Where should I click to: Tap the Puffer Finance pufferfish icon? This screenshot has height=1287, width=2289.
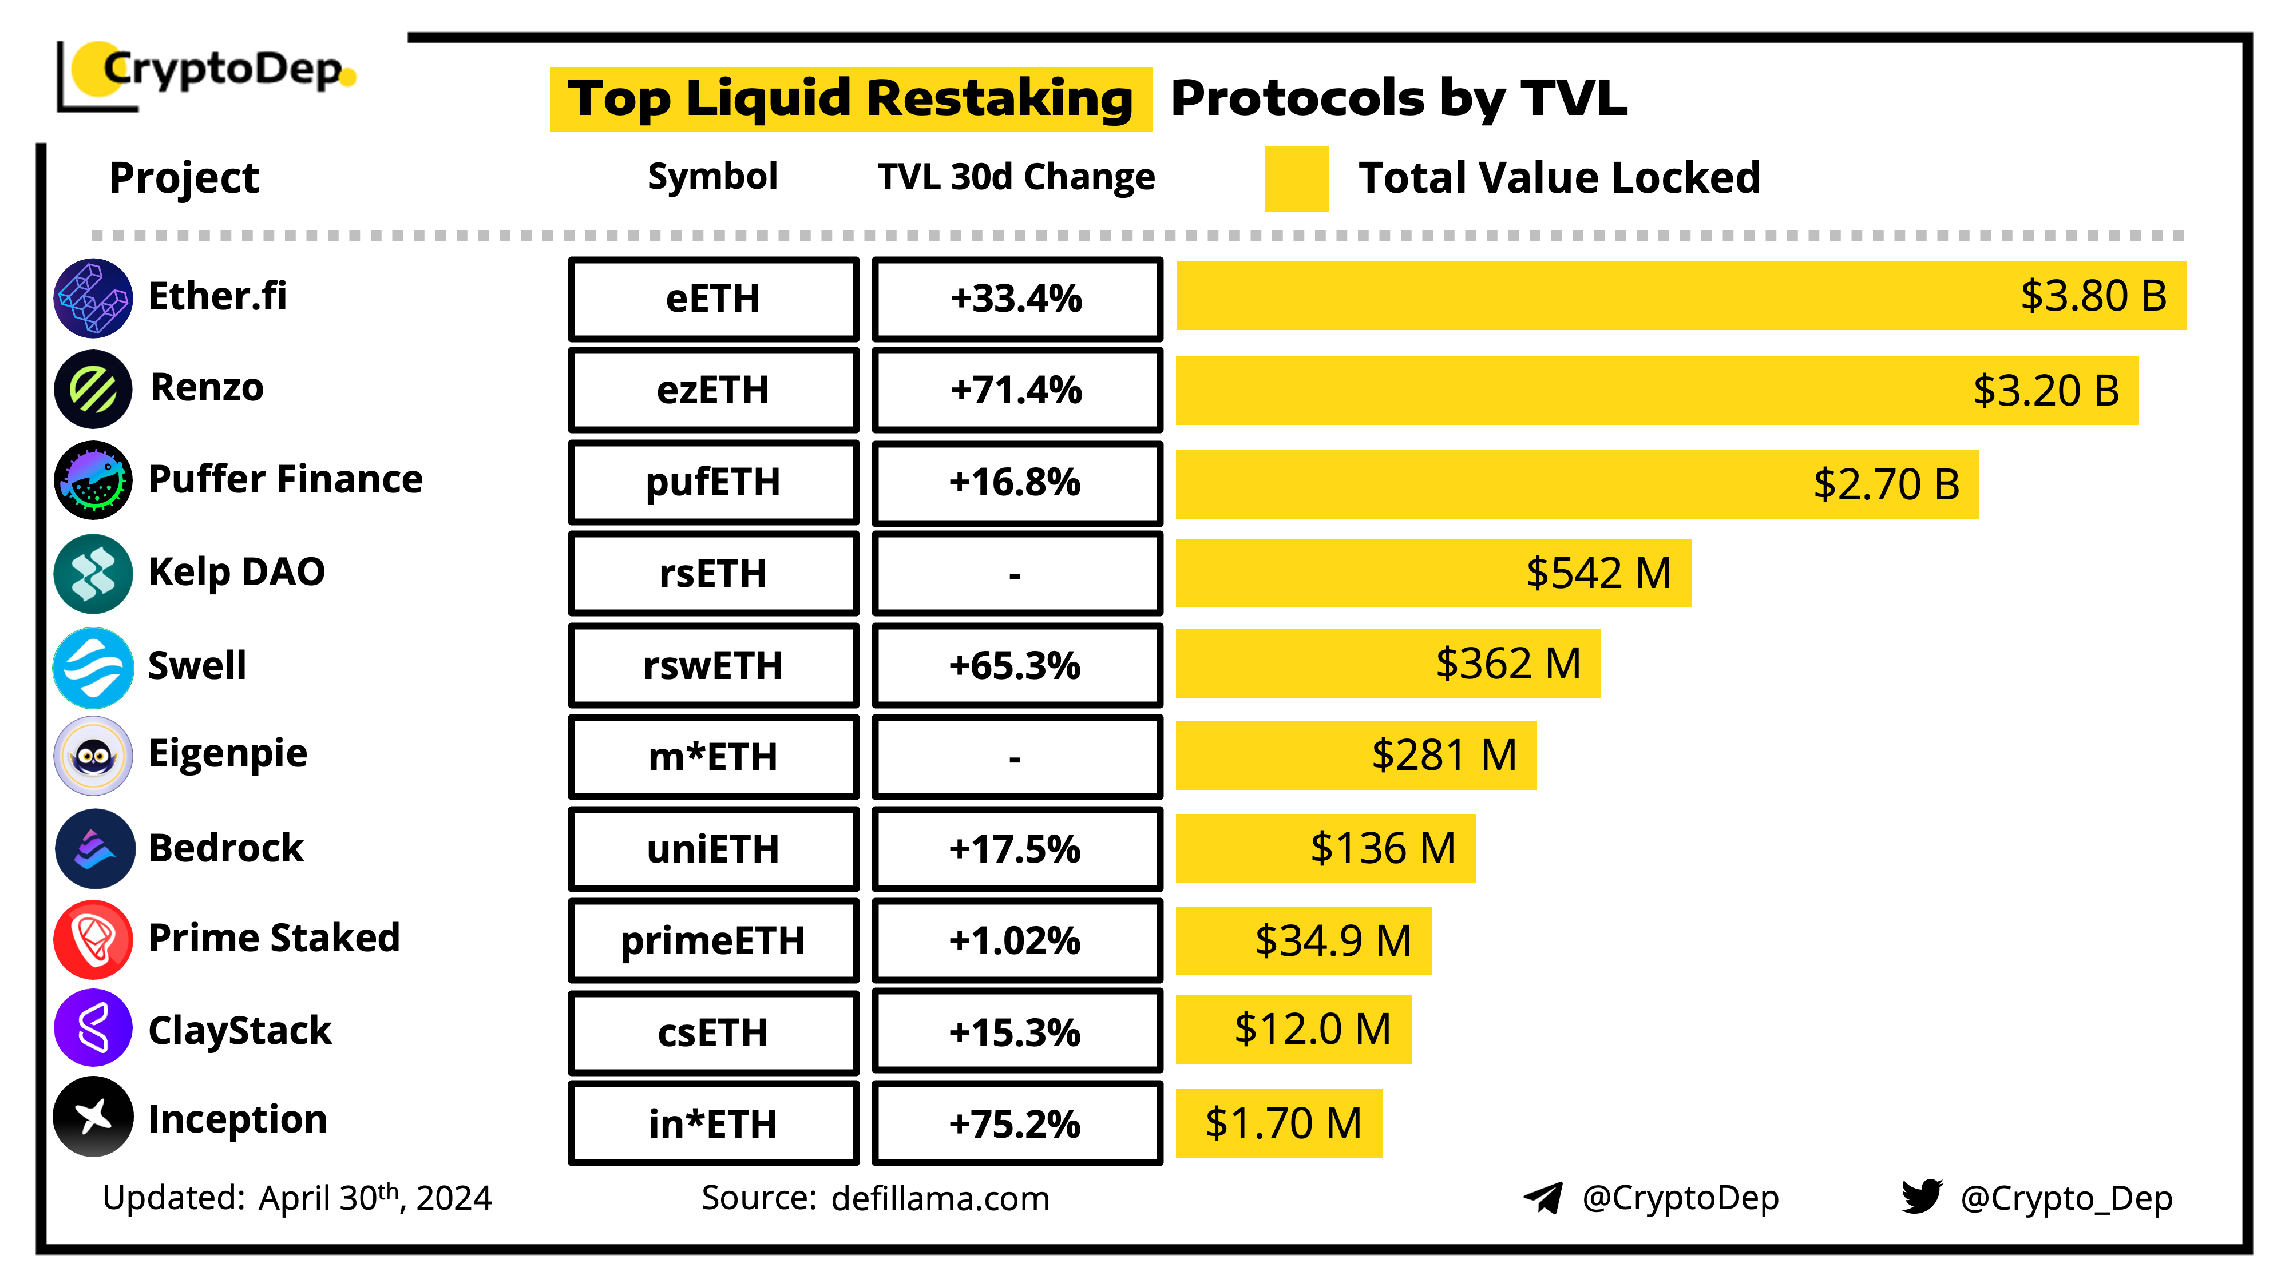tap(93, 480)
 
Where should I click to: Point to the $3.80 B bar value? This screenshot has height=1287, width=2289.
tap(2093, 296)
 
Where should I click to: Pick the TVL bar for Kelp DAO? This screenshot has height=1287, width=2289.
tap(1432, 574)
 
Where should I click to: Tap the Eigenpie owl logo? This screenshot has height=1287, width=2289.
tap(93, 756)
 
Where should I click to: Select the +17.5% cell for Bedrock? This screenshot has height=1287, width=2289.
tap(1016, 849)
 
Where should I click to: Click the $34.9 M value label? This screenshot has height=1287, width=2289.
tap(1333, 940)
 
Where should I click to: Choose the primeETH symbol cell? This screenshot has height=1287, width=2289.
tap(712, 940)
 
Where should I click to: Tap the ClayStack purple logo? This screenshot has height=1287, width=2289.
tap(93, 1028)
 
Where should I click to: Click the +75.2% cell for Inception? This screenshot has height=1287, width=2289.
tap(1016, 1123)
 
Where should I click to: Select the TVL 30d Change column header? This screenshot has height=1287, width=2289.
tap(1016, 177)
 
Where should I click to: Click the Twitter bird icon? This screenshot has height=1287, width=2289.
tap(1921, 1197)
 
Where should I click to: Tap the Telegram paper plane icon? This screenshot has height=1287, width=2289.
tap(1543, 1197)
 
